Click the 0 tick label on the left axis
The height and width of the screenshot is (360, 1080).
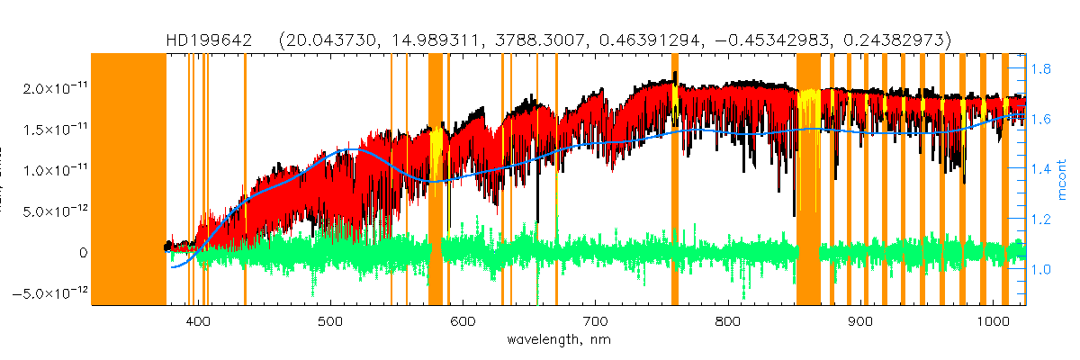(82, 253)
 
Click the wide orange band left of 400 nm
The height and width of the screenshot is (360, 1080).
(130, 180)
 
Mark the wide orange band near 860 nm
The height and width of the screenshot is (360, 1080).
(808, 180)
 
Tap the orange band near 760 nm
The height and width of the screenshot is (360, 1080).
(675, 180)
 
